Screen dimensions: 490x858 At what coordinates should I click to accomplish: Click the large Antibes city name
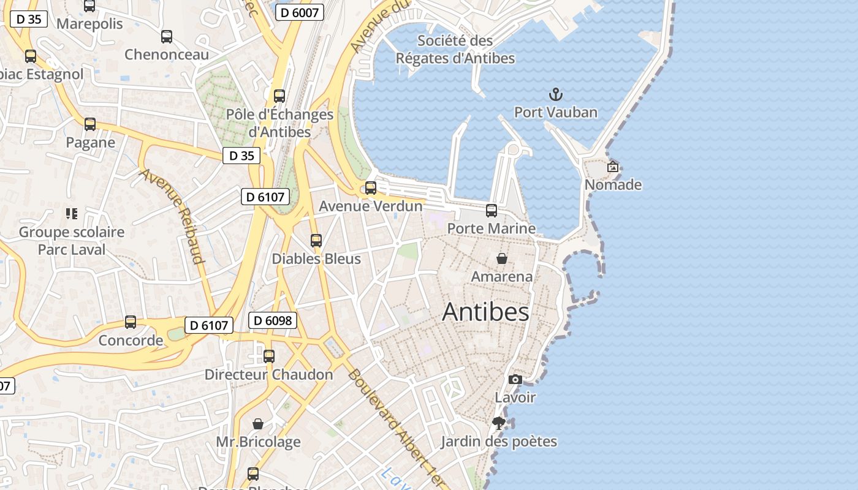point(485,312)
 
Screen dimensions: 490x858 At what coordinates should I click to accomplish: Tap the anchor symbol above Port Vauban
point(556,94)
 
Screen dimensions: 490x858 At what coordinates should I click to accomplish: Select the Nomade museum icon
point(612,166)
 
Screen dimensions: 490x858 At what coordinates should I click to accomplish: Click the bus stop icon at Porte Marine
point(492,211)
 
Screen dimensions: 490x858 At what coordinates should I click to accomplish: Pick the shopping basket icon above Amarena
point(502,258)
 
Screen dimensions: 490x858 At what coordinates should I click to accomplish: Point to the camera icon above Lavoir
point(515,380)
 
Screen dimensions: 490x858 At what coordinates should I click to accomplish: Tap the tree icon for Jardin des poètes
point(499,423)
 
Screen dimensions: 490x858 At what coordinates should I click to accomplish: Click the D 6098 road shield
point(273,320)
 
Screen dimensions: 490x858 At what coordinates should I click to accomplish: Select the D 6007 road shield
point(299,12)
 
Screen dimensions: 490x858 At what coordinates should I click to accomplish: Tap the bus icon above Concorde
point(131,322)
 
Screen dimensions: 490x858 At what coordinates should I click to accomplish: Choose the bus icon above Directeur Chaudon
point(269,356)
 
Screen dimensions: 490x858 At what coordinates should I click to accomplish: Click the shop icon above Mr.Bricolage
point(258,424)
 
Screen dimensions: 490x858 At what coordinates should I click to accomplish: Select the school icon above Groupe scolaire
point(72,214)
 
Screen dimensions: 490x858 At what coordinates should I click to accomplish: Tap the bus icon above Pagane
point(90,124)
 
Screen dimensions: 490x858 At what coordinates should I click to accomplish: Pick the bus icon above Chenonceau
point(167,37)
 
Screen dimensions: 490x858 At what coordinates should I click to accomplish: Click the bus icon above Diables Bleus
point(316,241)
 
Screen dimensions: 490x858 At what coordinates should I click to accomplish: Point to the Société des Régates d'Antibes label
point(455,50)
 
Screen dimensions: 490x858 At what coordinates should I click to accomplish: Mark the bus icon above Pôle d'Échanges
point(279,96)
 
